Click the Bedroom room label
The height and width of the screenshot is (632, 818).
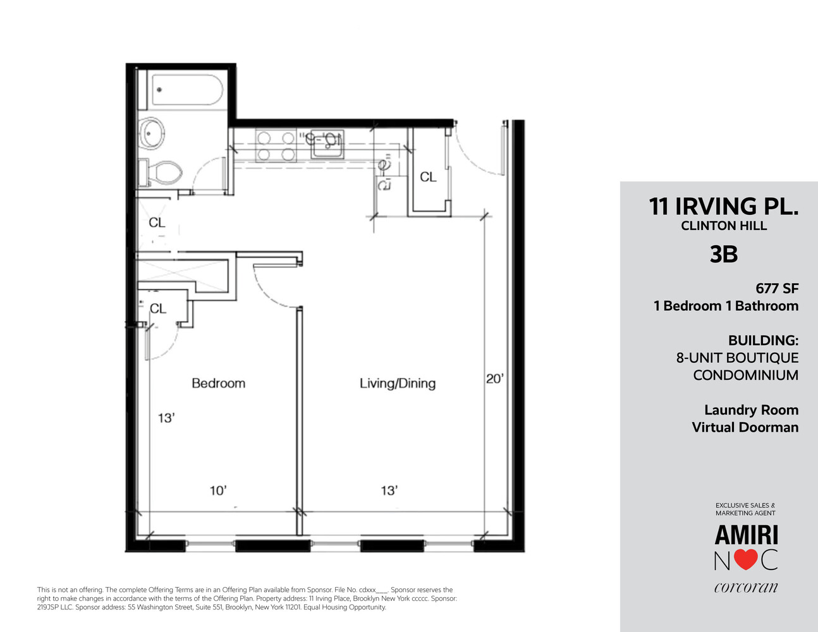point(218,383)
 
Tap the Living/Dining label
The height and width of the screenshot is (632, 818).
point(397,383)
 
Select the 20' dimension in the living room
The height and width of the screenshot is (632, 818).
point(494,379)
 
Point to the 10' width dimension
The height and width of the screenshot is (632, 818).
point(218,490)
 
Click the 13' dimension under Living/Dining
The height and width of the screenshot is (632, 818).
point(389,490)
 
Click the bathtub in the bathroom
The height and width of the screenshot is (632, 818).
point(186,92)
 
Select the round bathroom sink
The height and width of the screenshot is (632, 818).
point(152,133)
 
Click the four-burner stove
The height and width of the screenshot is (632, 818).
point(276,146)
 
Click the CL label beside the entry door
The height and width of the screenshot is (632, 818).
point(428,177)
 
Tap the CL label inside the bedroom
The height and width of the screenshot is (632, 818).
point(157,308)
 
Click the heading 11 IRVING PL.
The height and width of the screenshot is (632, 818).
point(723,207)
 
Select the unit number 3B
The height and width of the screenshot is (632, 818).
point(724,254)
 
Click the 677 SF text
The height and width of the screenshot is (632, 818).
point(777,288)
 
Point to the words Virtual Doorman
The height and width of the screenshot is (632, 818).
point(745,427)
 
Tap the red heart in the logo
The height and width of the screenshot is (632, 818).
point(746,560)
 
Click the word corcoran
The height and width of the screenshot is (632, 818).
point(746,587)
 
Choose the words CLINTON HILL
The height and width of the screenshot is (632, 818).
point(724,226)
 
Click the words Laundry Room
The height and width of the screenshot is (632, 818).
point(751,410)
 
